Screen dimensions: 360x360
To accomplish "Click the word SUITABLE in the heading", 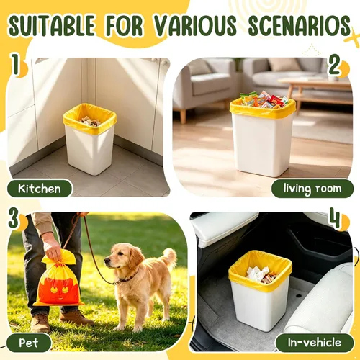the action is tap(51, 25).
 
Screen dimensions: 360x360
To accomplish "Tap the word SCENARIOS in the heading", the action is tap(300, 26).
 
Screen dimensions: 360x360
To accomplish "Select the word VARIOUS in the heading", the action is tap(195, 25).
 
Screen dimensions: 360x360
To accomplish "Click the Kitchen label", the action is tap(40, 189).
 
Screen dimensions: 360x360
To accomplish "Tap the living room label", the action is tap(312, 189).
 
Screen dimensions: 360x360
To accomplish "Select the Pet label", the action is tap(29, 343).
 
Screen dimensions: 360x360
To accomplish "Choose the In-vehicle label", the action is tap(315, 343).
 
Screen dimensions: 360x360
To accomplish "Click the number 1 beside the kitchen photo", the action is tap(15, 64).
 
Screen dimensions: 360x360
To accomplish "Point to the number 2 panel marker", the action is tap(335, 64).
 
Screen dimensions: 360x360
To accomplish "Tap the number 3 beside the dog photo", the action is tap(14, 217).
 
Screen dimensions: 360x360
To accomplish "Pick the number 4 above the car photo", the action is tap(336, 217).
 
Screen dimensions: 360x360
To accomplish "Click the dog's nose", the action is tap(107, 261).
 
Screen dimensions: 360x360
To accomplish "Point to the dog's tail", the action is tap(168, 258).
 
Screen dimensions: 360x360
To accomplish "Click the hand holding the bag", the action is tap(52, 248).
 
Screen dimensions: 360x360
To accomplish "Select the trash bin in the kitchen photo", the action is tap(90, 139).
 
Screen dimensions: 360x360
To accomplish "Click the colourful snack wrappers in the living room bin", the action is tap(264, 99).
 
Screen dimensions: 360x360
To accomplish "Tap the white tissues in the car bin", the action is tap(257, 273).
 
